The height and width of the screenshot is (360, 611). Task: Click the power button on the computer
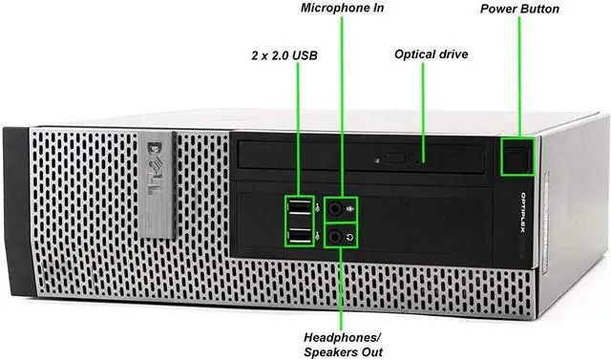tap(517, 158)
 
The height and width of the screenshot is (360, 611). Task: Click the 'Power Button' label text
tap(518, 9)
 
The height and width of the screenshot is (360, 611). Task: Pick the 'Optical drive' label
tap(432, 54)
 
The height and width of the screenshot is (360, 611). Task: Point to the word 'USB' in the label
tap(306, 54)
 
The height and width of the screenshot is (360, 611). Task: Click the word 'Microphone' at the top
tap(330, 9)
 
